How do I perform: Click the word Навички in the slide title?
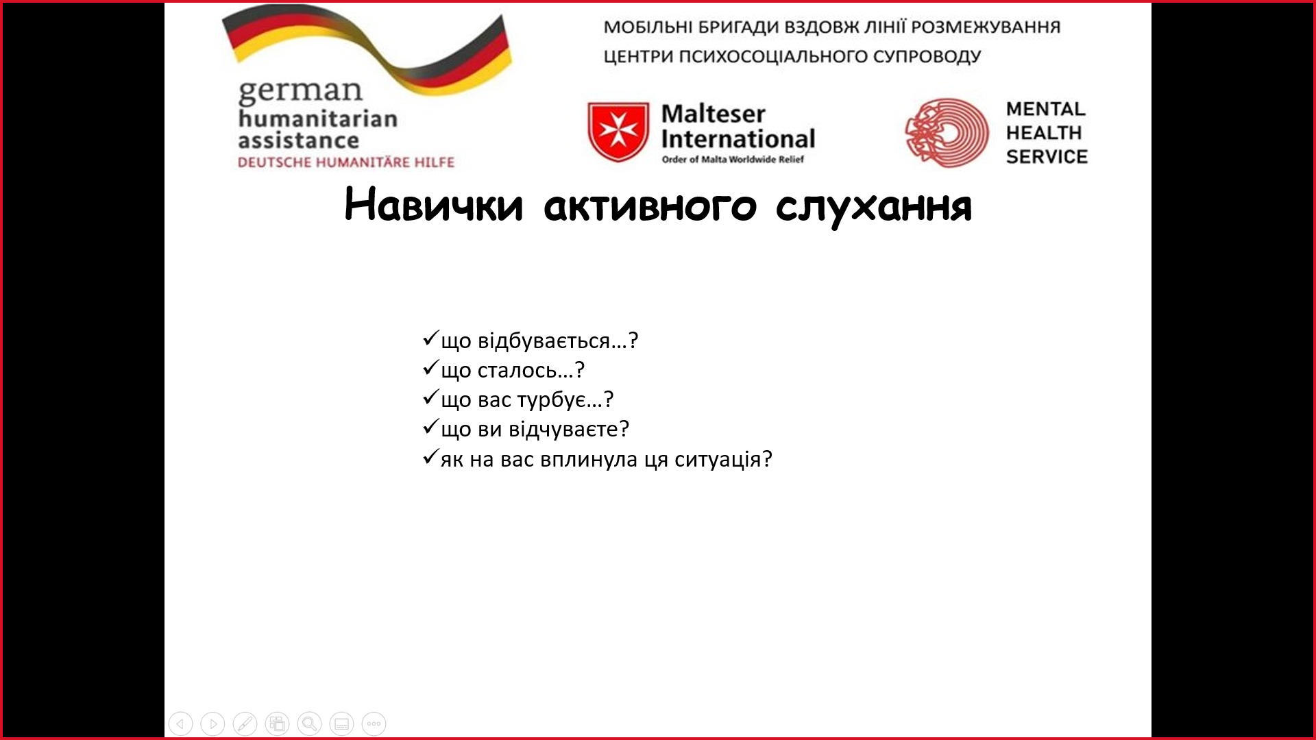[433, 205]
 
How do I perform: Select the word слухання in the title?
[874, 205]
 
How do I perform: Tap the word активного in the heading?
[650, 205]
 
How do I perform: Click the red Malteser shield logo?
[618, 132]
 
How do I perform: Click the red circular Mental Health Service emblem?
[947, 132]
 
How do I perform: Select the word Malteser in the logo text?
[713, 114]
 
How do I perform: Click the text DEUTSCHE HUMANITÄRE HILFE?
[346, 162]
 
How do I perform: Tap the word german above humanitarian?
[300, 91]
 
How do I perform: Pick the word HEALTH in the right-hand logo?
[1044, 132]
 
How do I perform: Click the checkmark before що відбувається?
[430, 338]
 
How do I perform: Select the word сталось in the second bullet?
[517, 370]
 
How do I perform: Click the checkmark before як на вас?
[430, 456]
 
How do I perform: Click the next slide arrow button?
[212, 724]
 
